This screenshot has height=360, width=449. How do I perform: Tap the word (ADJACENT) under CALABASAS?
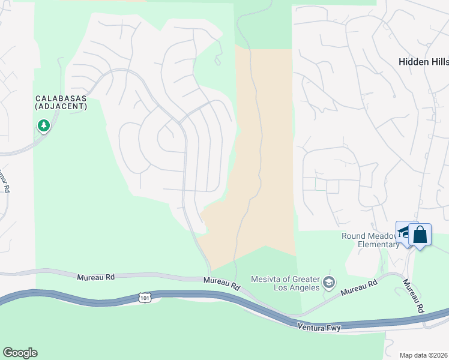pos(61,106)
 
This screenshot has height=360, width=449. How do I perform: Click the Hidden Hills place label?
pos(424,61)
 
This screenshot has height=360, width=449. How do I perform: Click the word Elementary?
pos(379,244)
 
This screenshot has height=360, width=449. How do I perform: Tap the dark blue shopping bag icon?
pos(420,235)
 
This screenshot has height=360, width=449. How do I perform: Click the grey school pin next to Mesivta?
pos(328,281)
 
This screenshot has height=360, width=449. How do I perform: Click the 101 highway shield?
pos(144,297)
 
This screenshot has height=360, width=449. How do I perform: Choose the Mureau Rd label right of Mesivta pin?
pos(359,287)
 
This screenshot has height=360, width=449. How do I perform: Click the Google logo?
pos(20,353)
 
